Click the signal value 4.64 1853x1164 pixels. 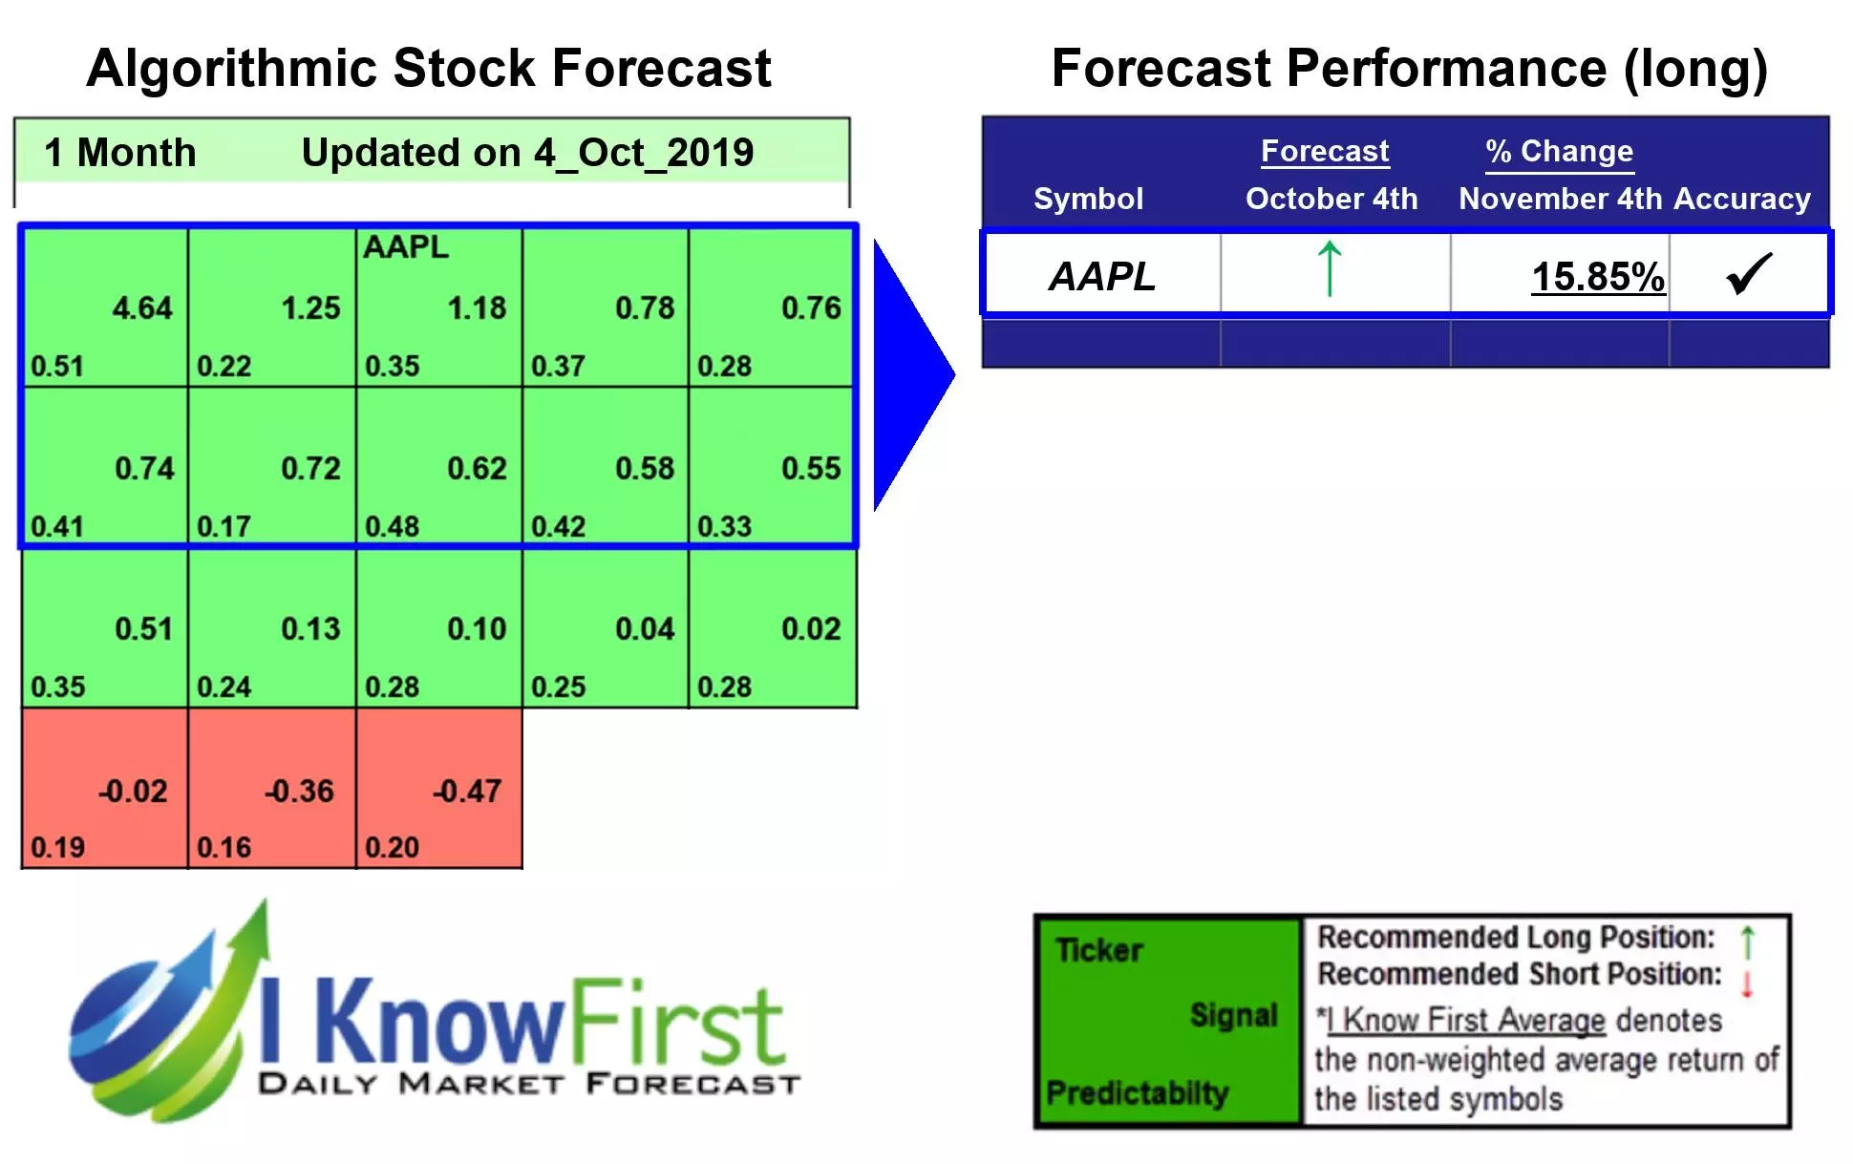(142, 308)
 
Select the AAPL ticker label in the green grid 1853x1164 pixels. (405, 247)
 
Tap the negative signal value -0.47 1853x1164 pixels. (466, 791)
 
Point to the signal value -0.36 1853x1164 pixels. (299, 791)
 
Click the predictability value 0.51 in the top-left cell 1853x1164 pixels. (57, 366)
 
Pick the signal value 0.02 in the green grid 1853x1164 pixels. (811, 628)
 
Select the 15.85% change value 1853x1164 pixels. (1598, 277)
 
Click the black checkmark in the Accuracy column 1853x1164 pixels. (1749, 274)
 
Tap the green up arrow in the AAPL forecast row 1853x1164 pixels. (1329, 269)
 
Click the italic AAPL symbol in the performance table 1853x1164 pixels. (1102, 277)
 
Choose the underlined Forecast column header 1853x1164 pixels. (1324, 151)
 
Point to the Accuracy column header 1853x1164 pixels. (1741, 199)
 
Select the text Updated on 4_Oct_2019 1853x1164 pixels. (527, 153)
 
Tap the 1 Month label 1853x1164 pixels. (120, 153)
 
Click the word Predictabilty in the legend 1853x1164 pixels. (1137, 1092)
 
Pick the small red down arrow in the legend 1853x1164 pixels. (1747, 984)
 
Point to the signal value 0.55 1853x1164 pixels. (811, 468)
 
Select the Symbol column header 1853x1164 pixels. (1088, 199)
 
